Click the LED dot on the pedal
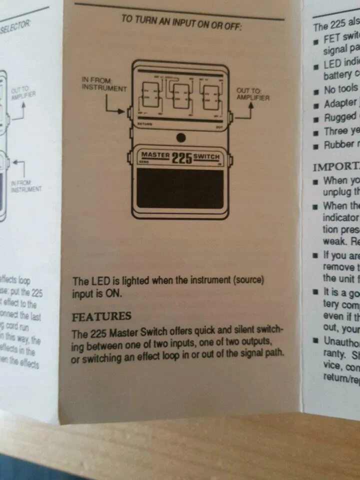(x=181, y=137)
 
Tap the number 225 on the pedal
(x=181, y=158)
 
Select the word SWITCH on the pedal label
(x=206, y=156)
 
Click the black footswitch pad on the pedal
(x=180, y=188)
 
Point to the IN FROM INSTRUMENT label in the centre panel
(x=104, y=84)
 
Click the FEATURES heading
(x=101, y=316)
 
